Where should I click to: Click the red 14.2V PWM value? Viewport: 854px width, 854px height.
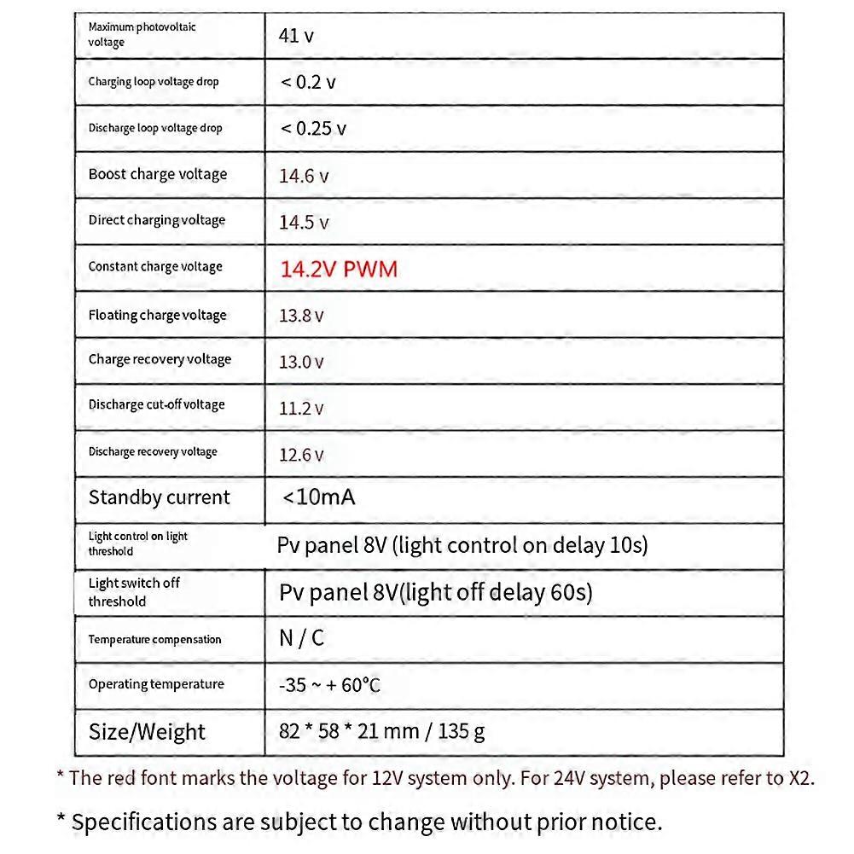[339, 270]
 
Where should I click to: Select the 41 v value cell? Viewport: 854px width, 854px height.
[296, 36]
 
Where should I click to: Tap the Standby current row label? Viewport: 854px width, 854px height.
[160, 497]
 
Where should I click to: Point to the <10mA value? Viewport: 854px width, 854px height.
[318, 497]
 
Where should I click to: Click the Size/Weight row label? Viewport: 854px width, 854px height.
[147, 732]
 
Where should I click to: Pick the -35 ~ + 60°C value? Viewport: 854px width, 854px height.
[329, 685]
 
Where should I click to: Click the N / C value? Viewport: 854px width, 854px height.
[302, 638]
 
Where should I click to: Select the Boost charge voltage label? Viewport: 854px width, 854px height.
[158, 174]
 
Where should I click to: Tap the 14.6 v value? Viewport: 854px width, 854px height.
[304, 177]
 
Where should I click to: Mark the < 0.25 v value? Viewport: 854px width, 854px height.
[313, 129]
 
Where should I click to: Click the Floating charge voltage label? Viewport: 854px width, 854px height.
[158, 315]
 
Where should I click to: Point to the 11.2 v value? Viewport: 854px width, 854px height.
[301, 409]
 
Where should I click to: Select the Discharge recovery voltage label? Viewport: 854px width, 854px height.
[153, 451]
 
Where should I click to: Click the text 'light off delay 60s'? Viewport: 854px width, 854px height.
[498, 592]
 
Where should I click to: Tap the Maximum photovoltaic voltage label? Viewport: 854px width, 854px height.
[142, 34]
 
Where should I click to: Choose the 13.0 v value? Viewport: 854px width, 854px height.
[301, 362]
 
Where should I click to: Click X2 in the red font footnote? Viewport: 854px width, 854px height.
[799, 778]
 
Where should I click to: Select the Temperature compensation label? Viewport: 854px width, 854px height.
[154, 639]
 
